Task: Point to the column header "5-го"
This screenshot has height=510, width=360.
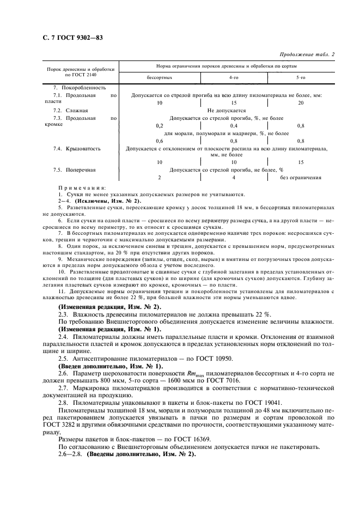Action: [301, 78]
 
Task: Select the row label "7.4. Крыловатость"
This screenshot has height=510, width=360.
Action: [77, 148]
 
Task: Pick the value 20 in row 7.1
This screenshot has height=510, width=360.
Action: [301, 102]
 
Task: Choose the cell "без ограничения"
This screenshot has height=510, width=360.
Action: [301, 178]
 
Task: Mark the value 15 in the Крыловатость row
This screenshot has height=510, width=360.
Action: [301, 162]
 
